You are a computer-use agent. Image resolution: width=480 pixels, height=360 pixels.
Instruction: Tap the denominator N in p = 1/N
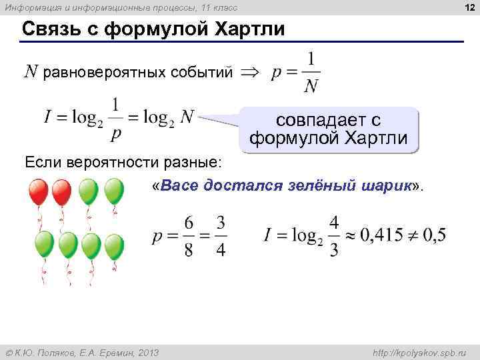[x=310, y=86]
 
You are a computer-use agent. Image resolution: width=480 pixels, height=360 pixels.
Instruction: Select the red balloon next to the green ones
[x=62, y=193]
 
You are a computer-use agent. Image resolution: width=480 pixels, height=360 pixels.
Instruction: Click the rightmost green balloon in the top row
[x=114, y=192]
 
